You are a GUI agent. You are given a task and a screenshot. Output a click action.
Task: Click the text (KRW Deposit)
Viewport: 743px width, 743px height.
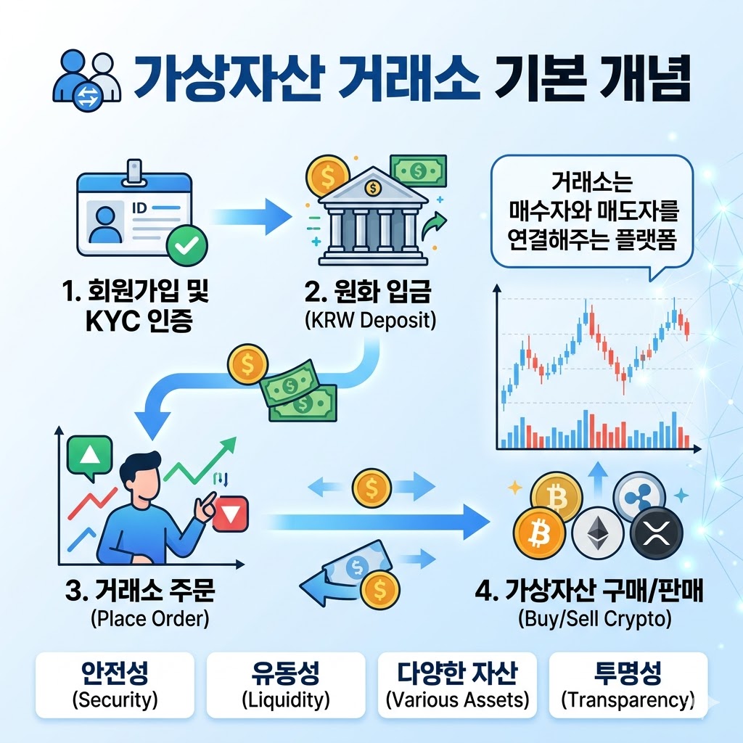coord(371,320)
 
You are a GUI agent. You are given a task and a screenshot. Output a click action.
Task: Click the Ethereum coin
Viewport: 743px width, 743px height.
coord(597,535)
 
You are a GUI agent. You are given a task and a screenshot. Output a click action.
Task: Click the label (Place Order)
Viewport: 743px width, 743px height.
coord(149,619)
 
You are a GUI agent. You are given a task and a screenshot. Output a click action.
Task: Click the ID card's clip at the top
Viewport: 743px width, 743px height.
coord(135,172)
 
